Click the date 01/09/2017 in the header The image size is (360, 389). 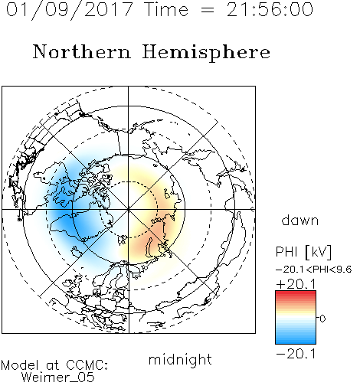[x=70, y=10]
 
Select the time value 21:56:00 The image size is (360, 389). [x=270, y=9]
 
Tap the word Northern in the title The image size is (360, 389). [x=82, y=51]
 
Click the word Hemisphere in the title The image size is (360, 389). [x=206, y=53]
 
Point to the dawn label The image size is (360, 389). [x=300, y=220]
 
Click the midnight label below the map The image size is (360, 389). [x=180, y=359]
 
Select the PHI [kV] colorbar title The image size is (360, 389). [x=303, y=252]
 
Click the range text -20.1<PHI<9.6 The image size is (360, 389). [x=314, y=270]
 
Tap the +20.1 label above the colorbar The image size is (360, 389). [x=296, y=284]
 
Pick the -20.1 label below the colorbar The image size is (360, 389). [x=296, y=354]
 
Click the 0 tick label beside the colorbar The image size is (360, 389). [x=322, y=319]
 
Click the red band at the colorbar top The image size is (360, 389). [x=296, y=293]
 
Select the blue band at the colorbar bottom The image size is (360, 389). [x=296, y=342]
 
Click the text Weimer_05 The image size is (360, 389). [x=58, y=377]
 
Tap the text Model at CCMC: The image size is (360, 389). [x=54, y=365]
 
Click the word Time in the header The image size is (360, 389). [x=166, y=9]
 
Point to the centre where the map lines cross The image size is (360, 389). [x=129, y=209]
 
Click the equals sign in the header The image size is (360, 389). [x=208, y=11]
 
